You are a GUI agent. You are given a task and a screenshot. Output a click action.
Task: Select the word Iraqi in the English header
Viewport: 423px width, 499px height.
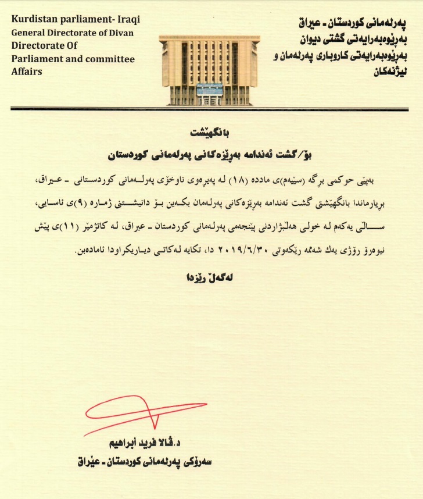click(128, 20)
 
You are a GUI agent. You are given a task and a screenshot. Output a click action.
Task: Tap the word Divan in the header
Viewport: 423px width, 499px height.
click(120, 33)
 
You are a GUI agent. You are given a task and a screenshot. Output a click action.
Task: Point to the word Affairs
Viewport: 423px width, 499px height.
click(27, 72)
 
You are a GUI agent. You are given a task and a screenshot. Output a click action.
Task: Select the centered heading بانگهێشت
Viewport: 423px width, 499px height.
click(212, 133)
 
